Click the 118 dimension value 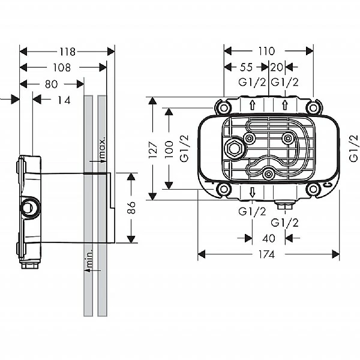67,52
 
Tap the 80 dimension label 51,84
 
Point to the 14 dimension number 64,100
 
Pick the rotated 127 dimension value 154,148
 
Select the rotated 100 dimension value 169,148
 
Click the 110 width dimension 267,52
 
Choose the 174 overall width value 267,254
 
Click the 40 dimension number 269,238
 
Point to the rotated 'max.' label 102,146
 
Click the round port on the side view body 28,208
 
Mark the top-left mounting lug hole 224,108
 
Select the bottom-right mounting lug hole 312,189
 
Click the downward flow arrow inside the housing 253,192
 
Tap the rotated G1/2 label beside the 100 185,148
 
